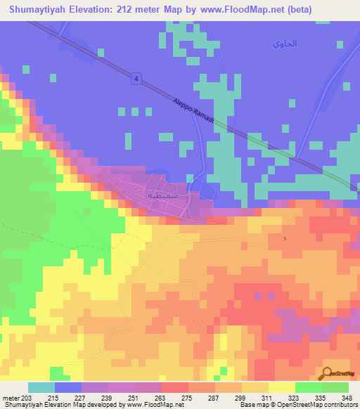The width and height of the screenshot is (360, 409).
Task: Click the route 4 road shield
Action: coord(134,79)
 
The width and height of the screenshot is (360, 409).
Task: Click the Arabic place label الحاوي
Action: coord(285,44)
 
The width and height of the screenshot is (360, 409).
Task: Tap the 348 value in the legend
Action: coord(347,397)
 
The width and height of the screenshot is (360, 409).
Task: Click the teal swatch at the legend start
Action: coord(41,387)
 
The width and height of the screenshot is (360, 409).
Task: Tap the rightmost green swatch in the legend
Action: coord(335,387)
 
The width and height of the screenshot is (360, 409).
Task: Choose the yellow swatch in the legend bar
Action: coord(281,387)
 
